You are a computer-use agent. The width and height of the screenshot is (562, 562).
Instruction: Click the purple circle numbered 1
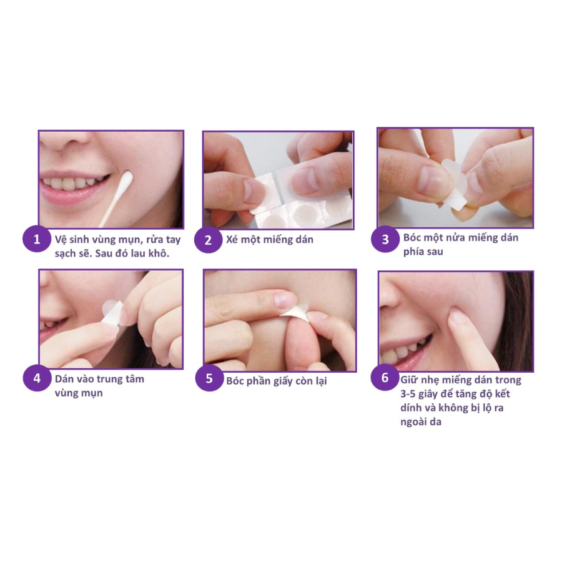click(x=37, y=239)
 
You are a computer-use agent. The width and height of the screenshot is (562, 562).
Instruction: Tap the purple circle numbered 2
click(x=208, y=240)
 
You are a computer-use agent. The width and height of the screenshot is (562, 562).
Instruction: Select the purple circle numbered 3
click(x=385, y=239)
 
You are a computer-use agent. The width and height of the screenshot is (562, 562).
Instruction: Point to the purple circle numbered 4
click(x=37, y=378)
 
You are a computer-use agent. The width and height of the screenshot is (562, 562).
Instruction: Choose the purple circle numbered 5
click(x=209, y=378)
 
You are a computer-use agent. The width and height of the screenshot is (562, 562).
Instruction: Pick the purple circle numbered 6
click(x=385, y=377)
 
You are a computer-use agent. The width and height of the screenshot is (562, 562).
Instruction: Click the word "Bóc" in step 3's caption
click(x=412, y=237)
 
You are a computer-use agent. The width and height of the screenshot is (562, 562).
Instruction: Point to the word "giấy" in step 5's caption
click(x=283, y=381)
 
